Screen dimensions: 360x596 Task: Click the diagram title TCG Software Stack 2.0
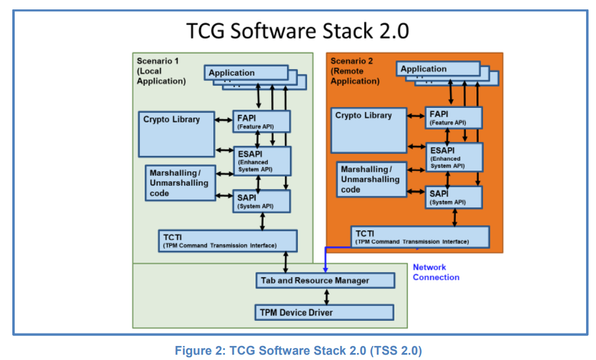297,30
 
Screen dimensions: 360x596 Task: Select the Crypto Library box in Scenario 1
176,133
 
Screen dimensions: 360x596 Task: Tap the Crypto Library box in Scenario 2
369,130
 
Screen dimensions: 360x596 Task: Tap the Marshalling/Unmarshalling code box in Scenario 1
180,183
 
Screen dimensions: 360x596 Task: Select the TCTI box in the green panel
227,241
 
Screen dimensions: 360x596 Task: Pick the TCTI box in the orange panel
420,237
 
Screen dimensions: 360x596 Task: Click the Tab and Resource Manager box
325,280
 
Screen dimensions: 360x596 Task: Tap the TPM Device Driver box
323,313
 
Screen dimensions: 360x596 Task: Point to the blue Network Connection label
436,272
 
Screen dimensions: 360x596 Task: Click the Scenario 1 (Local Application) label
161,71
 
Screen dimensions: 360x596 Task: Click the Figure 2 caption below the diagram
298,351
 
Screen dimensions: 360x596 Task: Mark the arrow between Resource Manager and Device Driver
326,296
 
